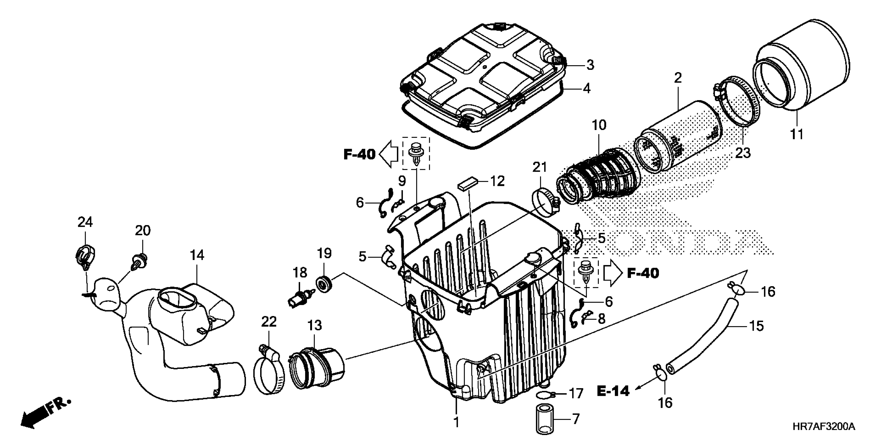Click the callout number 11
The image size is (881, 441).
[x=797, y=134]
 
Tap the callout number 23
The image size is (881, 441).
[x=743, y=153]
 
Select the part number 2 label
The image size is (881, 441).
[x=678, y=78]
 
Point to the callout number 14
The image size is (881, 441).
[x=197, y=255]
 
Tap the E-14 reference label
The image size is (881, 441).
[x=613, y=391]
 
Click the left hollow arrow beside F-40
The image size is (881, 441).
[x=388, y=154]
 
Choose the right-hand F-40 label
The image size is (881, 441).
[x=643, y=273]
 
